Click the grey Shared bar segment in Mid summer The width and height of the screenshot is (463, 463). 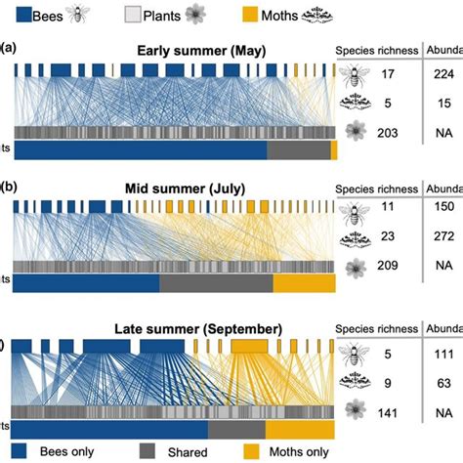pyautogui.click(x=215, y=282)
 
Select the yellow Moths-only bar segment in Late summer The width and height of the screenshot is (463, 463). pyautogui.click(x=300, y=430)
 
